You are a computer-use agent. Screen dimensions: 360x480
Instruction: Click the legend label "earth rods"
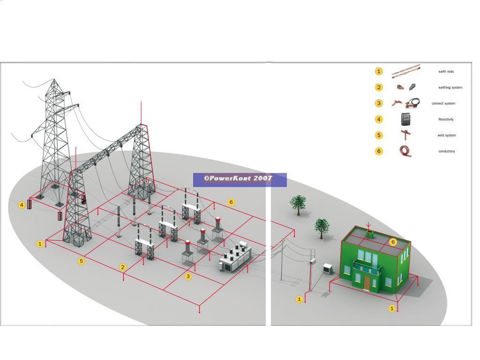coord(446,72)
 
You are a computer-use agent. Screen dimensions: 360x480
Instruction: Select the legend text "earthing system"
coord(450,88)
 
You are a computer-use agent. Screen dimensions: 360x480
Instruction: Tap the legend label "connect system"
coord(443,104)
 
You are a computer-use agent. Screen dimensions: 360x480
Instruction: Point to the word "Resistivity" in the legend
coord(446,120)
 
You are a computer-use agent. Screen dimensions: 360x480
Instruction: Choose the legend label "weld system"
coord(446,135)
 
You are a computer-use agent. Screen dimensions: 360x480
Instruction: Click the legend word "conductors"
coord(446,151)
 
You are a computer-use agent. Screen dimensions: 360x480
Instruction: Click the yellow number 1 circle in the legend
coord(379,71)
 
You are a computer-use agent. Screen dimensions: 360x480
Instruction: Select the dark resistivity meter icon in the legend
coord(406,119)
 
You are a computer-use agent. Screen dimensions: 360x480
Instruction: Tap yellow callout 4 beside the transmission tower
coord(22,205)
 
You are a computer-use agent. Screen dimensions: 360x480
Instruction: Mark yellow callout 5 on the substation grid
coord(81,261)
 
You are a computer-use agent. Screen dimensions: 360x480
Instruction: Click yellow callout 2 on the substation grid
coord(123,267)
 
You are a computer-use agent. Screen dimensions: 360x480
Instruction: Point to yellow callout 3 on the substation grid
coord(188,276)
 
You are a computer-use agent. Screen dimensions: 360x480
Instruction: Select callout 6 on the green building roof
coord(393,242)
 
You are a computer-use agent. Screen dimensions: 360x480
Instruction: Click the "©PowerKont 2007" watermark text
coord(238,179)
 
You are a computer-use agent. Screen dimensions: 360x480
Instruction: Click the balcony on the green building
coord(367,270)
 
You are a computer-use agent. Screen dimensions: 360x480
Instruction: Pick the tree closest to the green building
coord(321,226)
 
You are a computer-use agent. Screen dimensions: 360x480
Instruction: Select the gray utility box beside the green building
coord(327,269)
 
